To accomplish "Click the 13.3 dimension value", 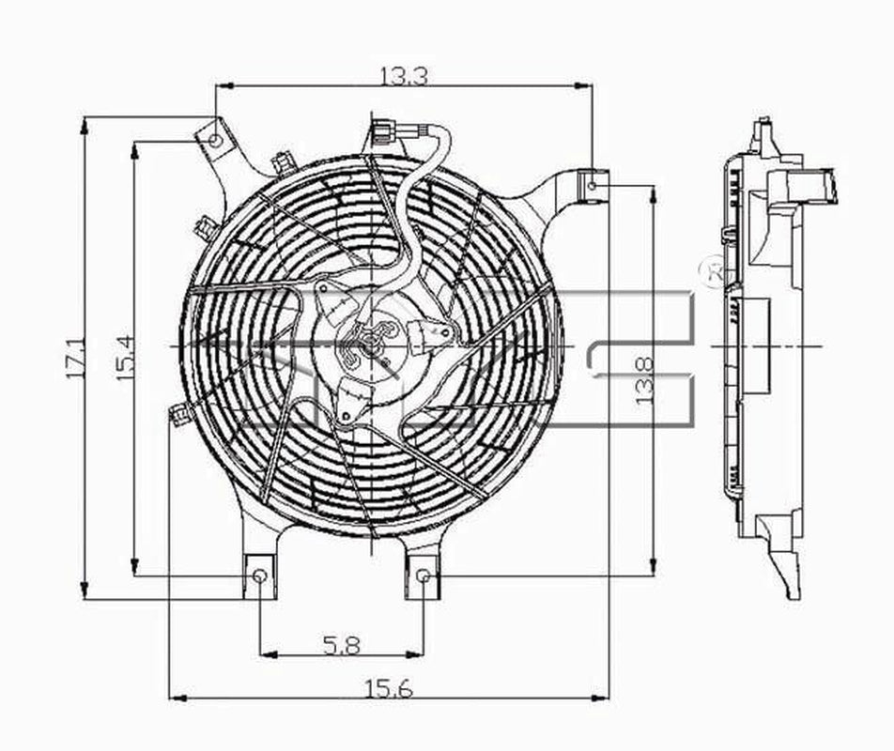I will (x=404, y=76).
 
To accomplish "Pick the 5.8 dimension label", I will (x=342, y=645).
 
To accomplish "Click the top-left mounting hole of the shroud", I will (x=215, y=141).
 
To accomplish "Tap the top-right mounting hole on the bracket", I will (x=593, y=185).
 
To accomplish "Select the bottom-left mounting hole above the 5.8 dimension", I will (x=259, y=575).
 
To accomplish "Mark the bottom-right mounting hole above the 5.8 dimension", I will (x=424, y=575).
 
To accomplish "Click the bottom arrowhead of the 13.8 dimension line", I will (x=653, y=568).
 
